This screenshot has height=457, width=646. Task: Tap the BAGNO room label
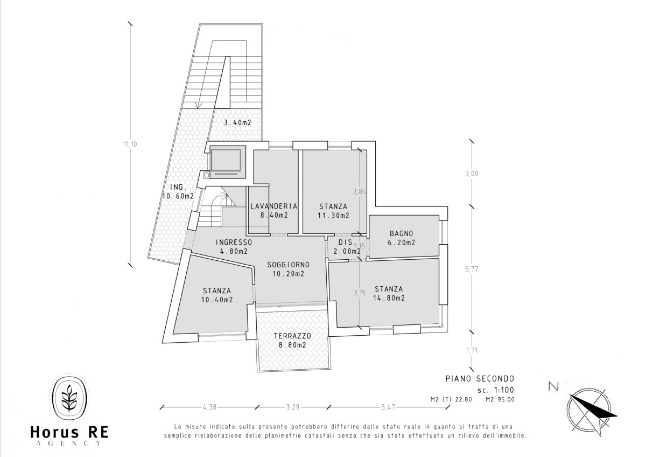tap(401, 234)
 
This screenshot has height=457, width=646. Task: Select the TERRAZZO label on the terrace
tap(293, 336)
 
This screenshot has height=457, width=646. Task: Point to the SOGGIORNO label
tap(289, 265)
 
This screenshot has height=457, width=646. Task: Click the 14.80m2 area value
tap(389, 298)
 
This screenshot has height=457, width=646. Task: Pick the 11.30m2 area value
tap(333, 215)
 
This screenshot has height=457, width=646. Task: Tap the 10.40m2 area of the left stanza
tap(217, 300)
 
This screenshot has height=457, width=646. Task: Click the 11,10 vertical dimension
tap(130, 144)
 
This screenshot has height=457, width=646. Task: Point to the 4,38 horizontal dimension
tap(209, 406)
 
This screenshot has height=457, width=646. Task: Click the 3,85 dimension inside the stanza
tap(359, 191)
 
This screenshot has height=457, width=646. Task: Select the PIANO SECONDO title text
tap(480, 378)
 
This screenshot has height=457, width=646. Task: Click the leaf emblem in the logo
tap(69, 399)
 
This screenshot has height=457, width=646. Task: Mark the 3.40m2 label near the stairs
tap(237, 122)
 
